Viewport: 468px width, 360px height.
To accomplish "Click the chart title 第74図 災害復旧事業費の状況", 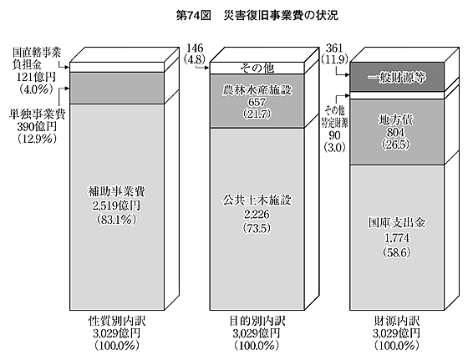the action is [x=257, y=16].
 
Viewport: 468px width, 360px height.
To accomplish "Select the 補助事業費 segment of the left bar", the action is [x=117, y=207].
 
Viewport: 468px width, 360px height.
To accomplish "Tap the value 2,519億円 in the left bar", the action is [x=116, y=205].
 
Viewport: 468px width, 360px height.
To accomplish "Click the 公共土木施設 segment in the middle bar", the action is [x=257, y=219].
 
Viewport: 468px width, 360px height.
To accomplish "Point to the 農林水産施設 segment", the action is [x=257, y=101].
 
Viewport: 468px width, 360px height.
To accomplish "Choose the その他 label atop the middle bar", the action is [x=257, y=68].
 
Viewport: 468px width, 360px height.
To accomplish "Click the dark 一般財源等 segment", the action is [x=397, y=77].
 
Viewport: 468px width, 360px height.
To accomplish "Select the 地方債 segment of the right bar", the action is [x=397, y=132].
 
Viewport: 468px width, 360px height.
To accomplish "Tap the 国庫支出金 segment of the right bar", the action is [x=397, y=237].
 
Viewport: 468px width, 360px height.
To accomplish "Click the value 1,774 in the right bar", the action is [x=397, y=238].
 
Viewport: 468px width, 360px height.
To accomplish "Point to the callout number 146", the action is [x=195, y=48].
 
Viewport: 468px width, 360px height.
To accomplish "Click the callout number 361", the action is [x=334, y=48].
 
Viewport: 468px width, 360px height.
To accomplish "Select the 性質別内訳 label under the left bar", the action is [x=117, y=322].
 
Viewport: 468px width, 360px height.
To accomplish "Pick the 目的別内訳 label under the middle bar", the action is [x=257, y=322].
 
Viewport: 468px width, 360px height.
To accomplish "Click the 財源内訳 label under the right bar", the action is [x=397, y=322].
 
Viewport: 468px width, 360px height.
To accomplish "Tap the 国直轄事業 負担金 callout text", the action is [x=37, y=58].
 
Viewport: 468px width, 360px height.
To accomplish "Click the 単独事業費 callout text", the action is [x=37, y=114].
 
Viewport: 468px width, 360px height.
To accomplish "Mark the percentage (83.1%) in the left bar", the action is [x=116, y=220].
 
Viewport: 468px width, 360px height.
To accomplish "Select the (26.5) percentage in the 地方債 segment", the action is [x=396, y=145].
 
